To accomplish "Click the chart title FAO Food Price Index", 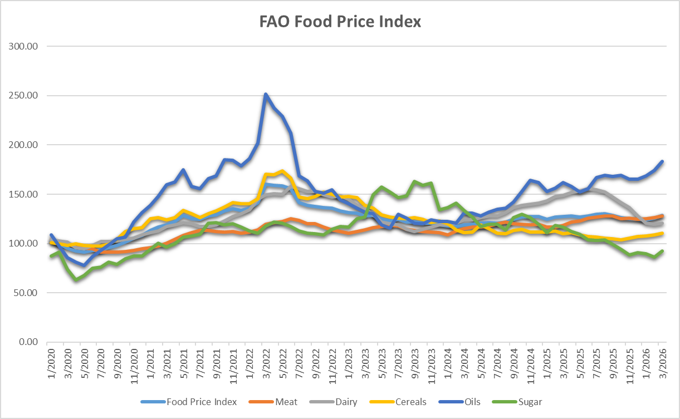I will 340,22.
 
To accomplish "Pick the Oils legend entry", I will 472,402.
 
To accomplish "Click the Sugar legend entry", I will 530,402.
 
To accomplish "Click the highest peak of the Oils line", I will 266,94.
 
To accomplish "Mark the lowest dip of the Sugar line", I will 76,279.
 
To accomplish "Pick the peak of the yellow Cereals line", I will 282,171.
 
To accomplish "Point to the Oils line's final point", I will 662,161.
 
